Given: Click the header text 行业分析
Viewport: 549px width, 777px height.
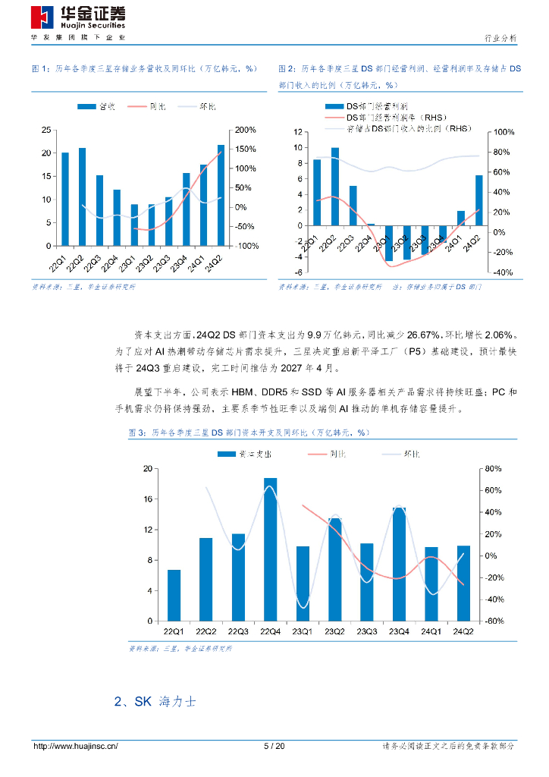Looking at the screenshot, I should coord(500,37).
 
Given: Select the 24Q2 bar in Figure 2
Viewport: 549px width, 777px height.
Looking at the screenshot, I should coord(478,200).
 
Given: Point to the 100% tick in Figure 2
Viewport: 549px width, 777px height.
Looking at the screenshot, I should coord(504,133).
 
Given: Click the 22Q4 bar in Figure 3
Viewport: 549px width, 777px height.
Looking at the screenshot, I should coord(270,549).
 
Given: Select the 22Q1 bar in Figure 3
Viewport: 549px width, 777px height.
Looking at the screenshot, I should coord(174,595).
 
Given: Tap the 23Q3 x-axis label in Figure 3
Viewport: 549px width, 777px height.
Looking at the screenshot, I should coord(366,631).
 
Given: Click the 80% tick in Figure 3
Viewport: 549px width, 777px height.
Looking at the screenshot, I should coord(494,468).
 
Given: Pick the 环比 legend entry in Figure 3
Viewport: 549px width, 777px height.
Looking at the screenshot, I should coord(411,453).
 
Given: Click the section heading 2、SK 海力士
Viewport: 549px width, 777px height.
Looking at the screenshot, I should coord(155,702).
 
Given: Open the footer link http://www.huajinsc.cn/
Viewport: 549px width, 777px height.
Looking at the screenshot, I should coord(76,747).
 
